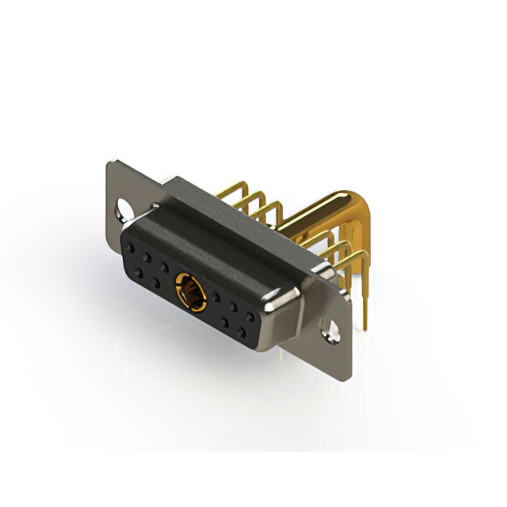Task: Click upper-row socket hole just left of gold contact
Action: click(164, 265)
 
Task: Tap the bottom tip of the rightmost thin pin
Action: click(367, 330)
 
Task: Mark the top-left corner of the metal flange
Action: click(109, 163)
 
